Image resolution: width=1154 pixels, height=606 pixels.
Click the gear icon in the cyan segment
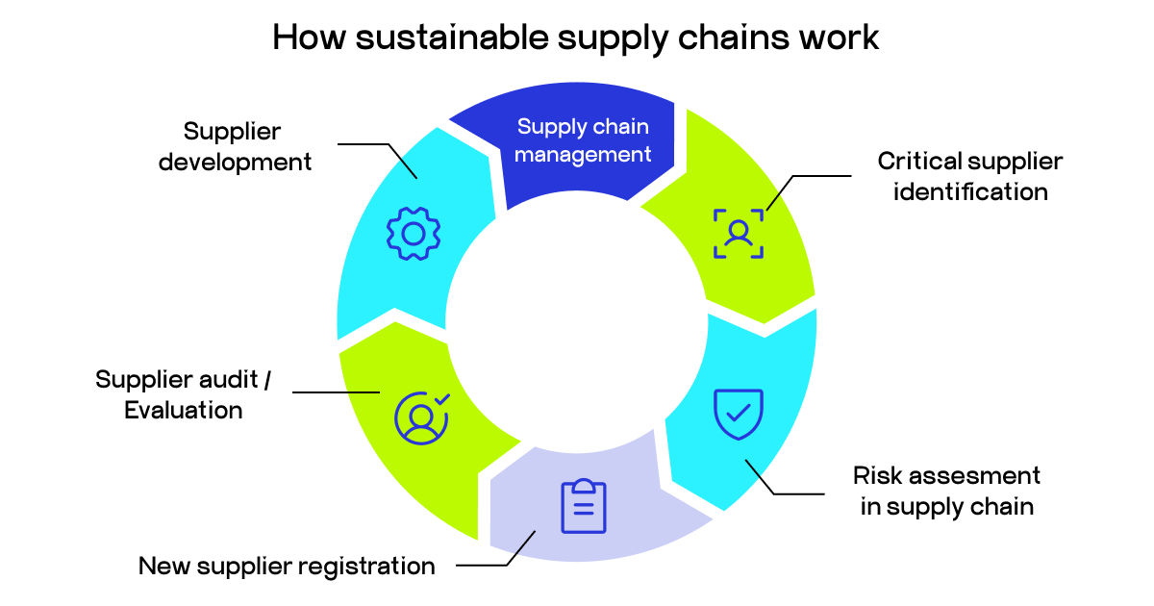click(413, 233)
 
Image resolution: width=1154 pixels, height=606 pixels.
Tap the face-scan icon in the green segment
click(738, 233)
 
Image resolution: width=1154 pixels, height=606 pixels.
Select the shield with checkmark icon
click(738, 414)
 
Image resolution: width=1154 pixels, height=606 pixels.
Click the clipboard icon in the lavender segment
click(585, 505)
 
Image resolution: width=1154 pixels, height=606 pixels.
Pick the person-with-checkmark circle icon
click(421, 417)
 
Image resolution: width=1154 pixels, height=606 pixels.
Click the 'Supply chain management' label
click(584, 140)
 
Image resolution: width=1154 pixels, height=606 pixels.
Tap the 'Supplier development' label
click(235, 146)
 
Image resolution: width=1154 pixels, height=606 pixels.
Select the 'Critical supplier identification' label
click(969, 175)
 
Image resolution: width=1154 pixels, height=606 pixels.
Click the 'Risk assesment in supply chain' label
click(946, 491)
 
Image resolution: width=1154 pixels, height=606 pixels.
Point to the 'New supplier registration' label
click(287, 566)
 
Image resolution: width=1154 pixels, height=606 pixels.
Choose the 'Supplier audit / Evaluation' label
click(183, 394)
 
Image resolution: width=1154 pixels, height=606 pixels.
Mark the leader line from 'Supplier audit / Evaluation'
click(337, 392)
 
